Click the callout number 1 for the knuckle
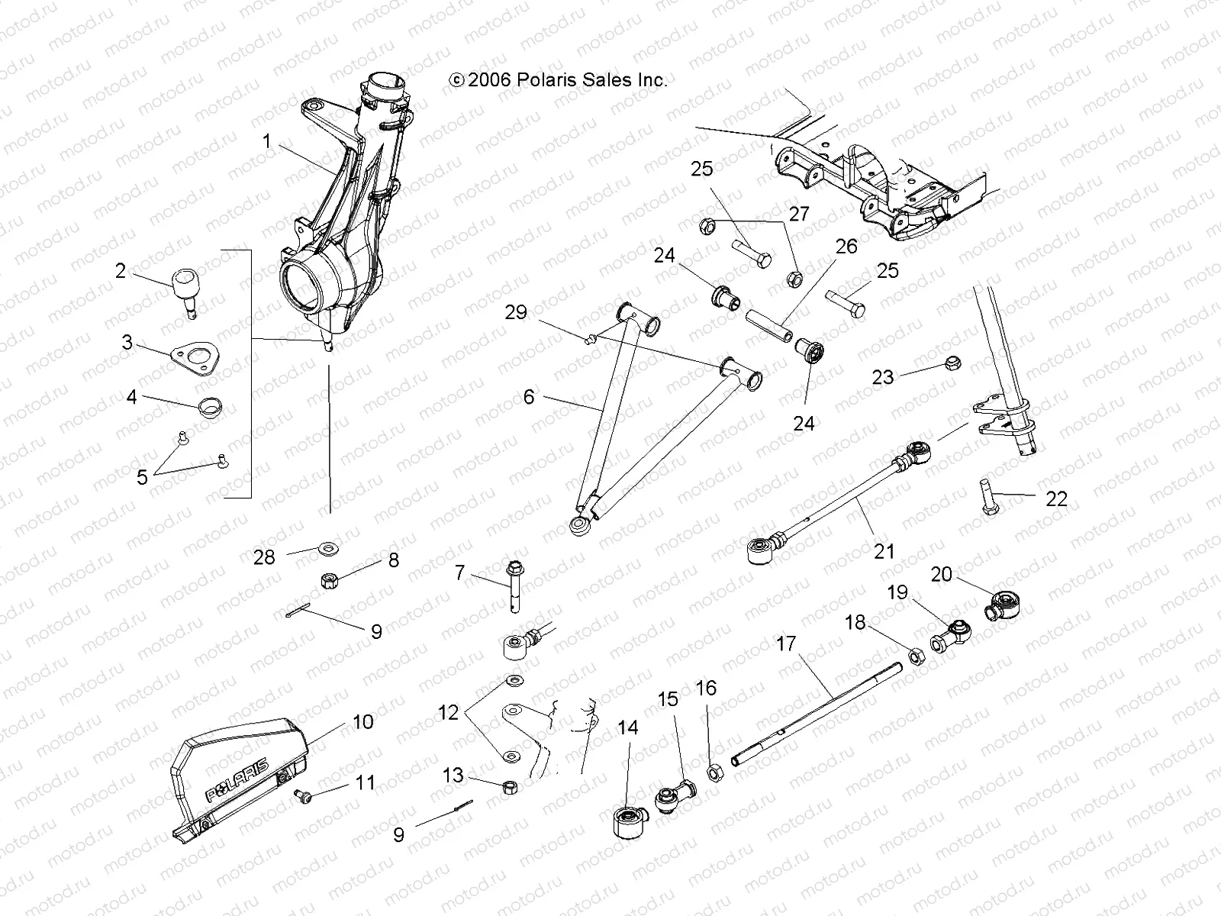[266, 141]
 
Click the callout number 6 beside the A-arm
[528, 397]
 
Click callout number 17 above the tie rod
[785, 643]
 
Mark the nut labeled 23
[952, 363]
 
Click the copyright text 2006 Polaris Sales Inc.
[559, 79]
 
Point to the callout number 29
[537, 311]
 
